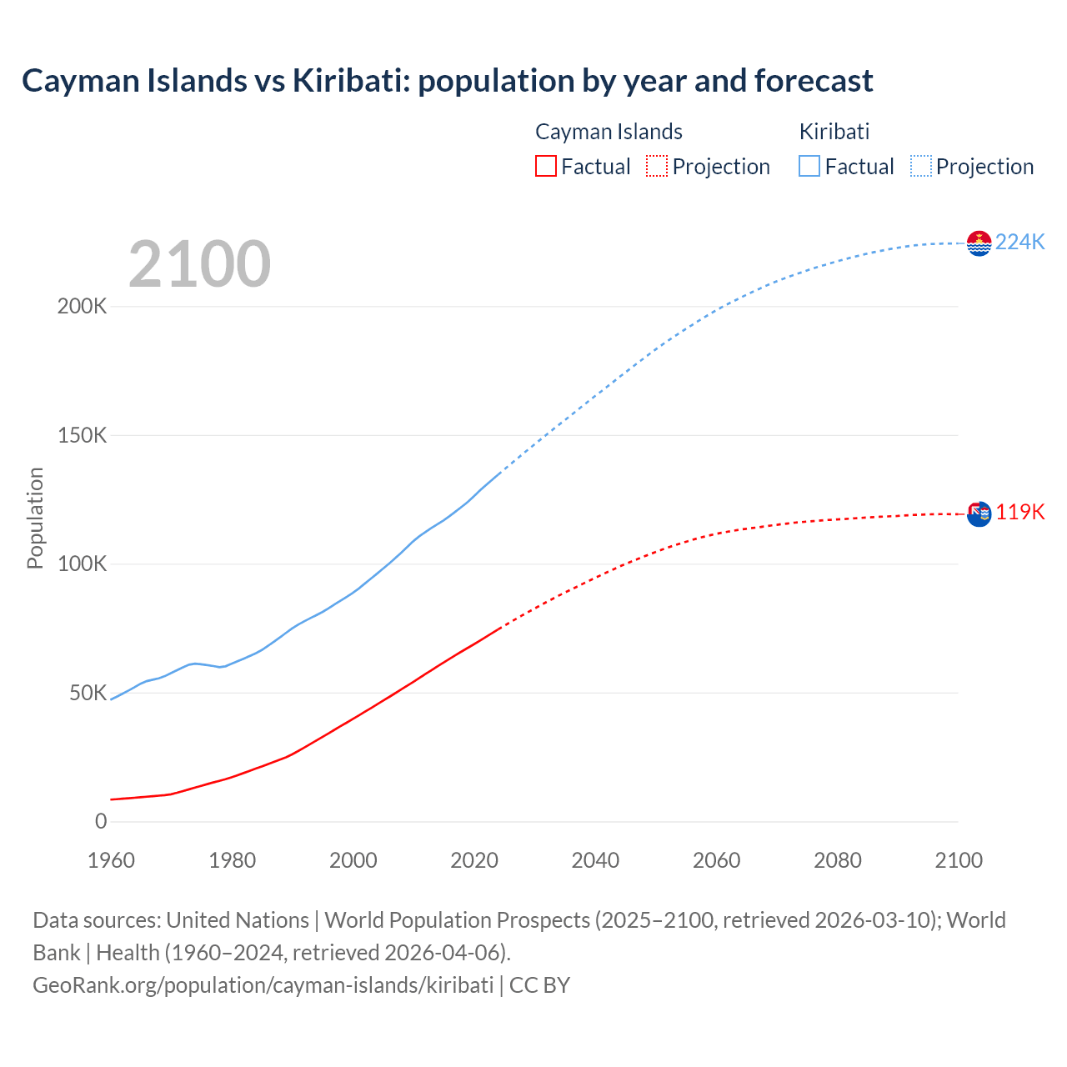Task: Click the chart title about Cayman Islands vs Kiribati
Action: [x=447, y=81]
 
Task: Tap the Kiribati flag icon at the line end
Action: [x=979, y=243]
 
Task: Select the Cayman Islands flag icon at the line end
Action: [x=979, y=514]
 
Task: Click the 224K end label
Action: [x=1020, y=242]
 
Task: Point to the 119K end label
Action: [x=1020, y=512]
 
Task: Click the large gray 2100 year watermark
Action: [x=199, y=264]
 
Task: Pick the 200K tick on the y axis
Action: [x=83, y=306]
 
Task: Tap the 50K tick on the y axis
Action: [x=88, y=693]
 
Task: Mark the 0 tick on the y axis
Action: [x=101, y=822]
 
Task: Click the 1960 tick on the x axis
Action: [x=111, y=860]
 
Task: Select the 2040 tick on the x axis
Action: [x=595, y=860]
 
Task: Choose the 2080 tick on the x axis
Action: [x=838, y=860]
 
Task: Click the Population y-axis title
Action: [x=35, y=518]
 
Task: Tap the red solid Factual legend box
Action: [x=546, y=166]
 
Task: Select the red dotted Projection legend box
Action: [x=657, y=166]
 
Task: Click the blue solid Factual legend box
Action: [x=809, y=166]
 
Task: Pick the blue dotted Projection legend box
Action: [x=920, y=166]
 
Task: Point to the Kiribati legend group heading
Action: [x=834, y=132]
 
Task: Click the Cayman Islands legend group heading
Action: [x=609, y=132]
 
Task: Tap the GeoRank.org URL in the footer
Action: [x=263, y=985]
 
